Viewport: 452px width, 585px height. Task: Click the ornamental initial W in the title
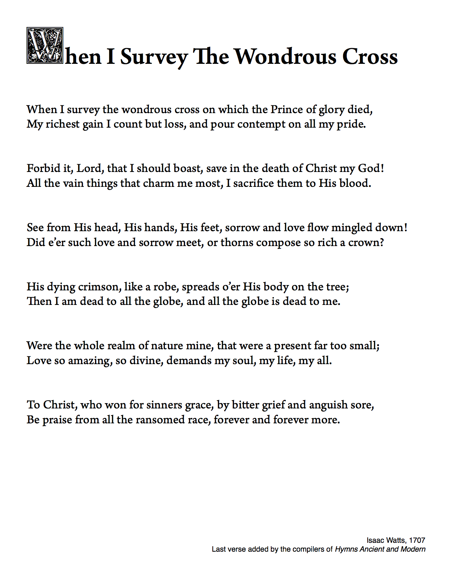pyautogui.click(x=45, y=45)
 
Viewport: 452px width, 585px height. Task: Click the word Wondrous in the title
pyautogui.click(x=285, y=57)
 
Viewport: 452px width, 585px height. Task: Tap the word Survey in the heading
pyautogui.click(x=154, y=57)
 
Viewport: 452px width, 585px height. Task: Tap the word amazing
pyautogui.click(x=90, y=361)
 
